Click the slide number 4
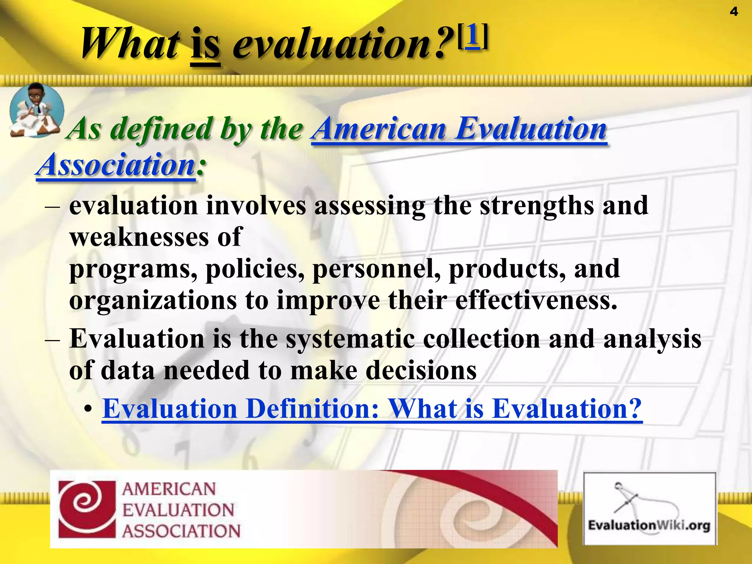[x=733, y=12]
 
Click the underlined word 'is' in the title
[x=206, y=46]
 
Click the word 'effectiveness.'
[x=536, y=301]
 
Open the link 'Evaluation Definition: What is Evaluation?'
[x=372, y=409]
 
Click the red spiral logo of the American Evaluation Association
[x=87, y=509]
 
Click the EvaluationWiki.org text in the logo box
[x=649, y=525]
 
